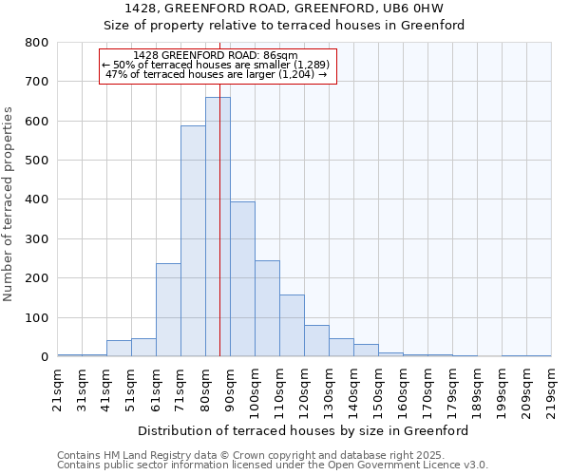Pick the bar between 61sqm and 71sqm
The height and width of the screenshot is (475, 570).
coord(168,310)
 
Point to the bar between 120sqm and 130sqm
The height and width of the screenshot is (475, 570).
coord(316,340)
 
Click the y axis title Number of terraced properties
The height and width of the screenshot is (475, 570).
coord(9,204)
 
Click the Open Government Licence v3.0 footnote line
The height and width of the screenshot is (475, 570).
coord(272,465)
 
